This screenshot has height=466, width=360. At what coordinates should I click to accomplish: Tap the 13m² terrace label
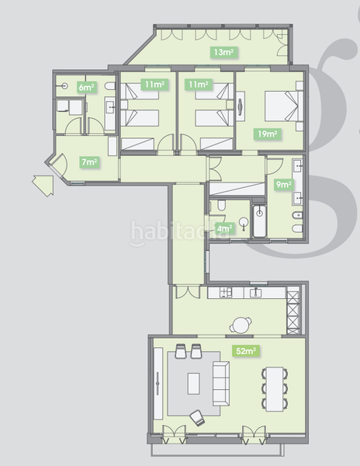coord(223,53)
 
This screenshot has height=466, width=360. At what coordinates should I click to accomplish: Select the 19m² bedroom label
coord(268,134)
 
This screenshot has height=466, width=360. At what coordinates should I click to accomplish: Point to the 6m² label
coord(86,88)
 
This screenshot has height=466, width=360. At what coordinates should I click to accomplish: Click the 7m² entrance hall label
coord(89,162)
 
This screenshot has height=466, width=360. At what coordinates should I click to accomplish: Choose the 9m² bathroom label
coord(284,185)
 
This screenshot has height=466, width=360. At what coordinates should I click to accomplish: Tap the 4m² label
coord(225,228)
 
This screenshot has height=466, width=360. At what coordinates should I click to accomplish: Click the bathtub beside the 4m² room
coord(259,222)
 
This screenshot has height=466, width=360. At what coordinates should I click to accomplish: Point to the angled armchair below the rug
coord(196,417)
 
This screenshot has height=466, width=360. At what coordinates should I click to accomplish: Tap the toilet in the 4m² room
coord(220,206)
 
